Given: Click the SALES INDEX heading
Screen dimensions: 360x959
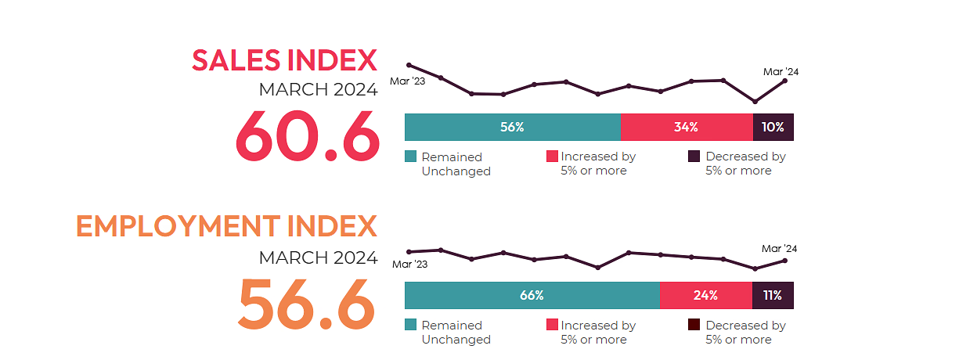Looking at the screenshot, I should coord(284,60).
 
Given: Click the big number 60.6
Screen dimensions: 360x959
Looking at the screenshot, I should coord(307,134).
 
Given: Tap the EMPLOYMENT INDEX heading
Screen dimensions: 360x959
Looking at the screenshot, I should coord(226,226).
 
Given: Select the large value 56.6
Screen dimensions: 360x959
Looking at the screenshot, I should coord(307,303).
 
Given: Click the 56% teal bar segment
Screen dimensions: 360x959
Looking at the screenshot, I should coord(512,128).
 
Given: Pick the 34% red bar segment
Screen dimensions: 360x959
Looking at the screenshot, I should coord(687,128).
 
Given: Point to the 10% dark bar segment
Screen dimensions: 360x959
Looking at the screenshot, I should coord(773,128).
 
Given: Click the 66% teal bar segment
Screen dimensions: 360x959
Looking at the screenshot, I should coord(532,296).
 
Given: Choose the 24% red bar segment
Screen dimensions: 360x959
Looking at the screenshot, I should coord(705,296).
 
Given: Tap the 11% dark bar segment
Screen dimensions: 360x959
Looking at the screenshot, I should coord(773,296).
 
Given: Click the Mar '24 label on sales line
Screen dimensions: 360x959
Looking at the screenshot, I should coord(781,72).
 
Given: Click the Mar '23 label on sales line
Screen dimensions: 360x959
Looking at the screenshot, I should coord(407,81).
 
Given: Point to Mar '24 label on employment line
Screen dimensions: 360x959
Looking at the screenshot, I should coord(781,249).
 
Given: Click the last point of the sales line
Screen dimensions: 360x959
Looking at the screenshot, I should coord(784,81).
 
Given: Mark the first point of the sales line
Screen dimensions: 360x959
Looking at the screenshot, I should coord(409,65).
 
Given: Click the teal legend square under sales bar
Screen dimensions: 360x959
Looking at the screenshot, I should coord(411,157).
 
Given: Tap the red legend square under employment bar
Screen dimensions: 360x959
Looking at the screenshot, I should coord(552,325).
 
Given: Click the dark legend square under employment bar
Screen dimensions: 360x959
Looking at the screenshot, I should coord(694,325).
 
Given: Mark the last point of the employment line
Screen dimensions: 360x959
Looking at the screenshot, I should coord(784,261).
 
